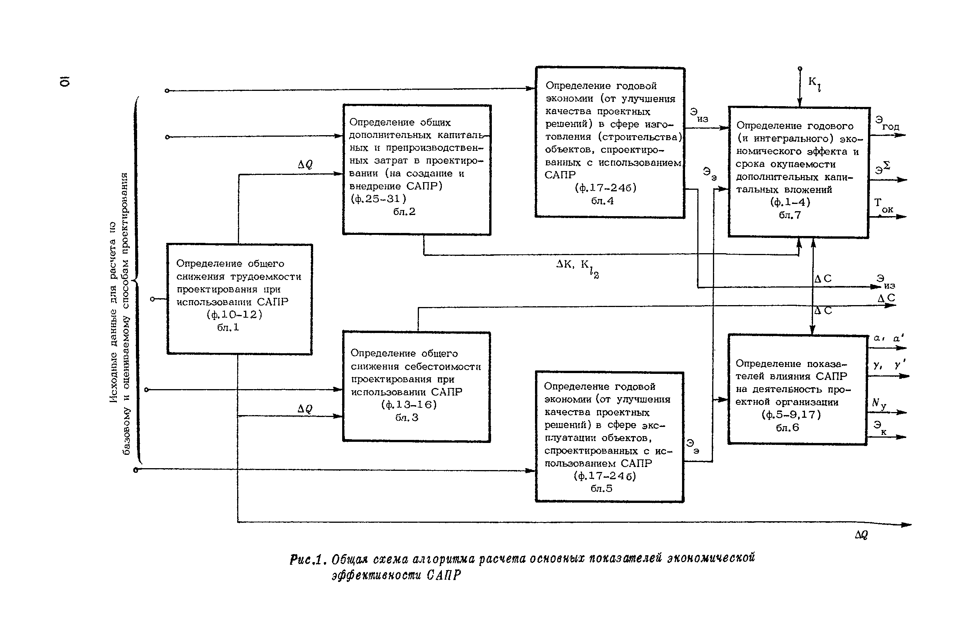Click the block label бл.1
point(228,327)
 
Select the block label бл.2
point(404,212)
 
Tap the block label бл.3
point(407,417)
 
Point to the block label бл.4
point(602,201)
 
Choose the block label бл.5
point(601,488)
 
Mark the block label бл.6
point(787,428)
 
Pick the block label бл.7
point(789,215)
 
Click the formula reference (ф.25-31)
point(378,199)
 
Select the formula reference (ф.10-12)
point(234,314)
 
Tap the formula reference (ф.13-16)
point(409,404)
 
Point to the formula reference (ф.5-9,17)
point(791,415)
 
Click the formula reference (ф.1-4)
point(790,202)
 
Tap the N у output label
point(879,404)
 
